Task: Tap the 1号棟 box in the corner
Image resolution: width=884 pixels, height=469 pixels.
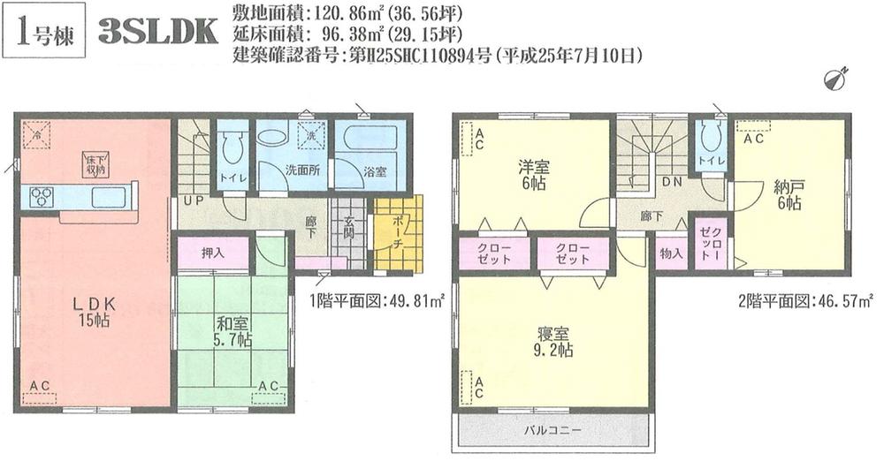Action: (44, 31)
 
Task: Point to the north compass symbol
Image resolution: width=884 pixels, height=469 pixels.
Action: (834, 79)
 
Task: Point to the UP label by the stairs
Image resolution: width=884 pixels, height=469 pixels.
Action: (190, 201)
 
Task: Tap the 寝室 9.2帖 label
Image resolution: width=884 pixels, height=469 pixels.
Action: (554, 342)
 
